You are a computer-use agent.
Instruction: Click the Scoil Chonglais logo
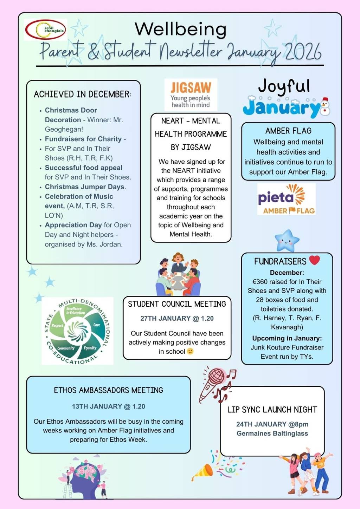pyautogui.click(x=45, y=30)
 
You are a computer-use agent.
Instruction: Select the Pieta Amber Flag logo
pyautogui.click(x=287, y=199)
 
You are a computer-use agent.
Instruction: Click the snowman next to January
pyautogui.click(x=325, y=107)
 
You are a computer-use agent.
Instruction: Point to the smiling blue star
pyautogui.click(x=287, y=241)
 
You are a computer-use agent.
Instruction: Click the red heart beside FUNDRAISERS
pyautogui.click(x=314, y=260)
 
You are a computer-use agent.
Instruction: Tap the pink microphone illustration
pyautogui.click(x=212, y=384)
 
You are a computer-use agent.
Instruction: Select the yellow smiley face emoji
pyautogui.click(x=190, y=351)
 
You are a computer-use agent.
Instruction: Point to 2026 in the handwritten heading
pyautogui.click(x=303, y=52)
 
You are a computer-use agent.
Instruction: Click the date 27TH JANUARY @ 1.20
pyautogui.click(x=177, y=318)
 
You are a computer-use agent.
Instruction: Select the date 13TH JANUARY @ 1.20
pyautogui.click(x=108, y=406)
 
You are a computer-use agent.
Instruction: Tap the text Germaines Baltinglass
pyautogui.click(x=272, y=433)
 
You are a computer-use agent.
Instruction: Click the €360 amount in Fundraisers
pyautogui.click(x=259, y=282)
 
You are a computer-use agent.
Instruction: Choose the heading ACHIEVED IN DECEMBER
pyautogui.click(x=82, y=94)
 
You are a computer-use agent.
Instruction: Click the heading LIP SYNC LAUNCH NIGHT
pyautogui.click(x=272, y=410)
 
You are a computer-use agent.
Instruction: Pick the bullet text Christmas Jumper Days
pyautogui.click(x=84, y=187)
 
